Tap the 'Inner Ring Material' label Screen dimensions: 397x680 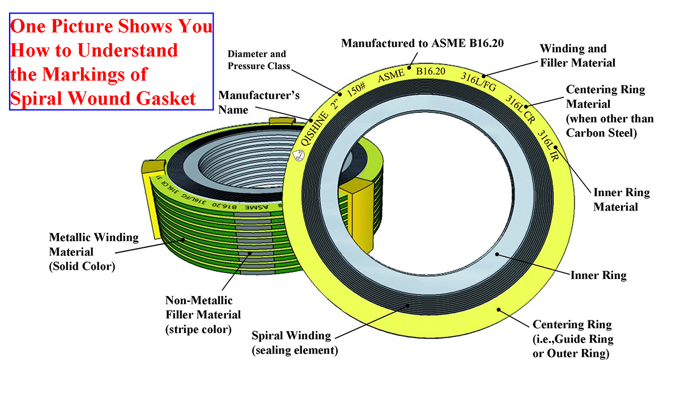621,200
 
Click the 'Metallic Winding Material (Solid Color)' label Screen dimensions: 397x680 86,251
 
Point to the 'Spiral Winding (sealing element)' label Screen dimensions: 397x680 295,342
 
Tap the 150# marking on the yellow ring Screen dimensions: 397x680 355,90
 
